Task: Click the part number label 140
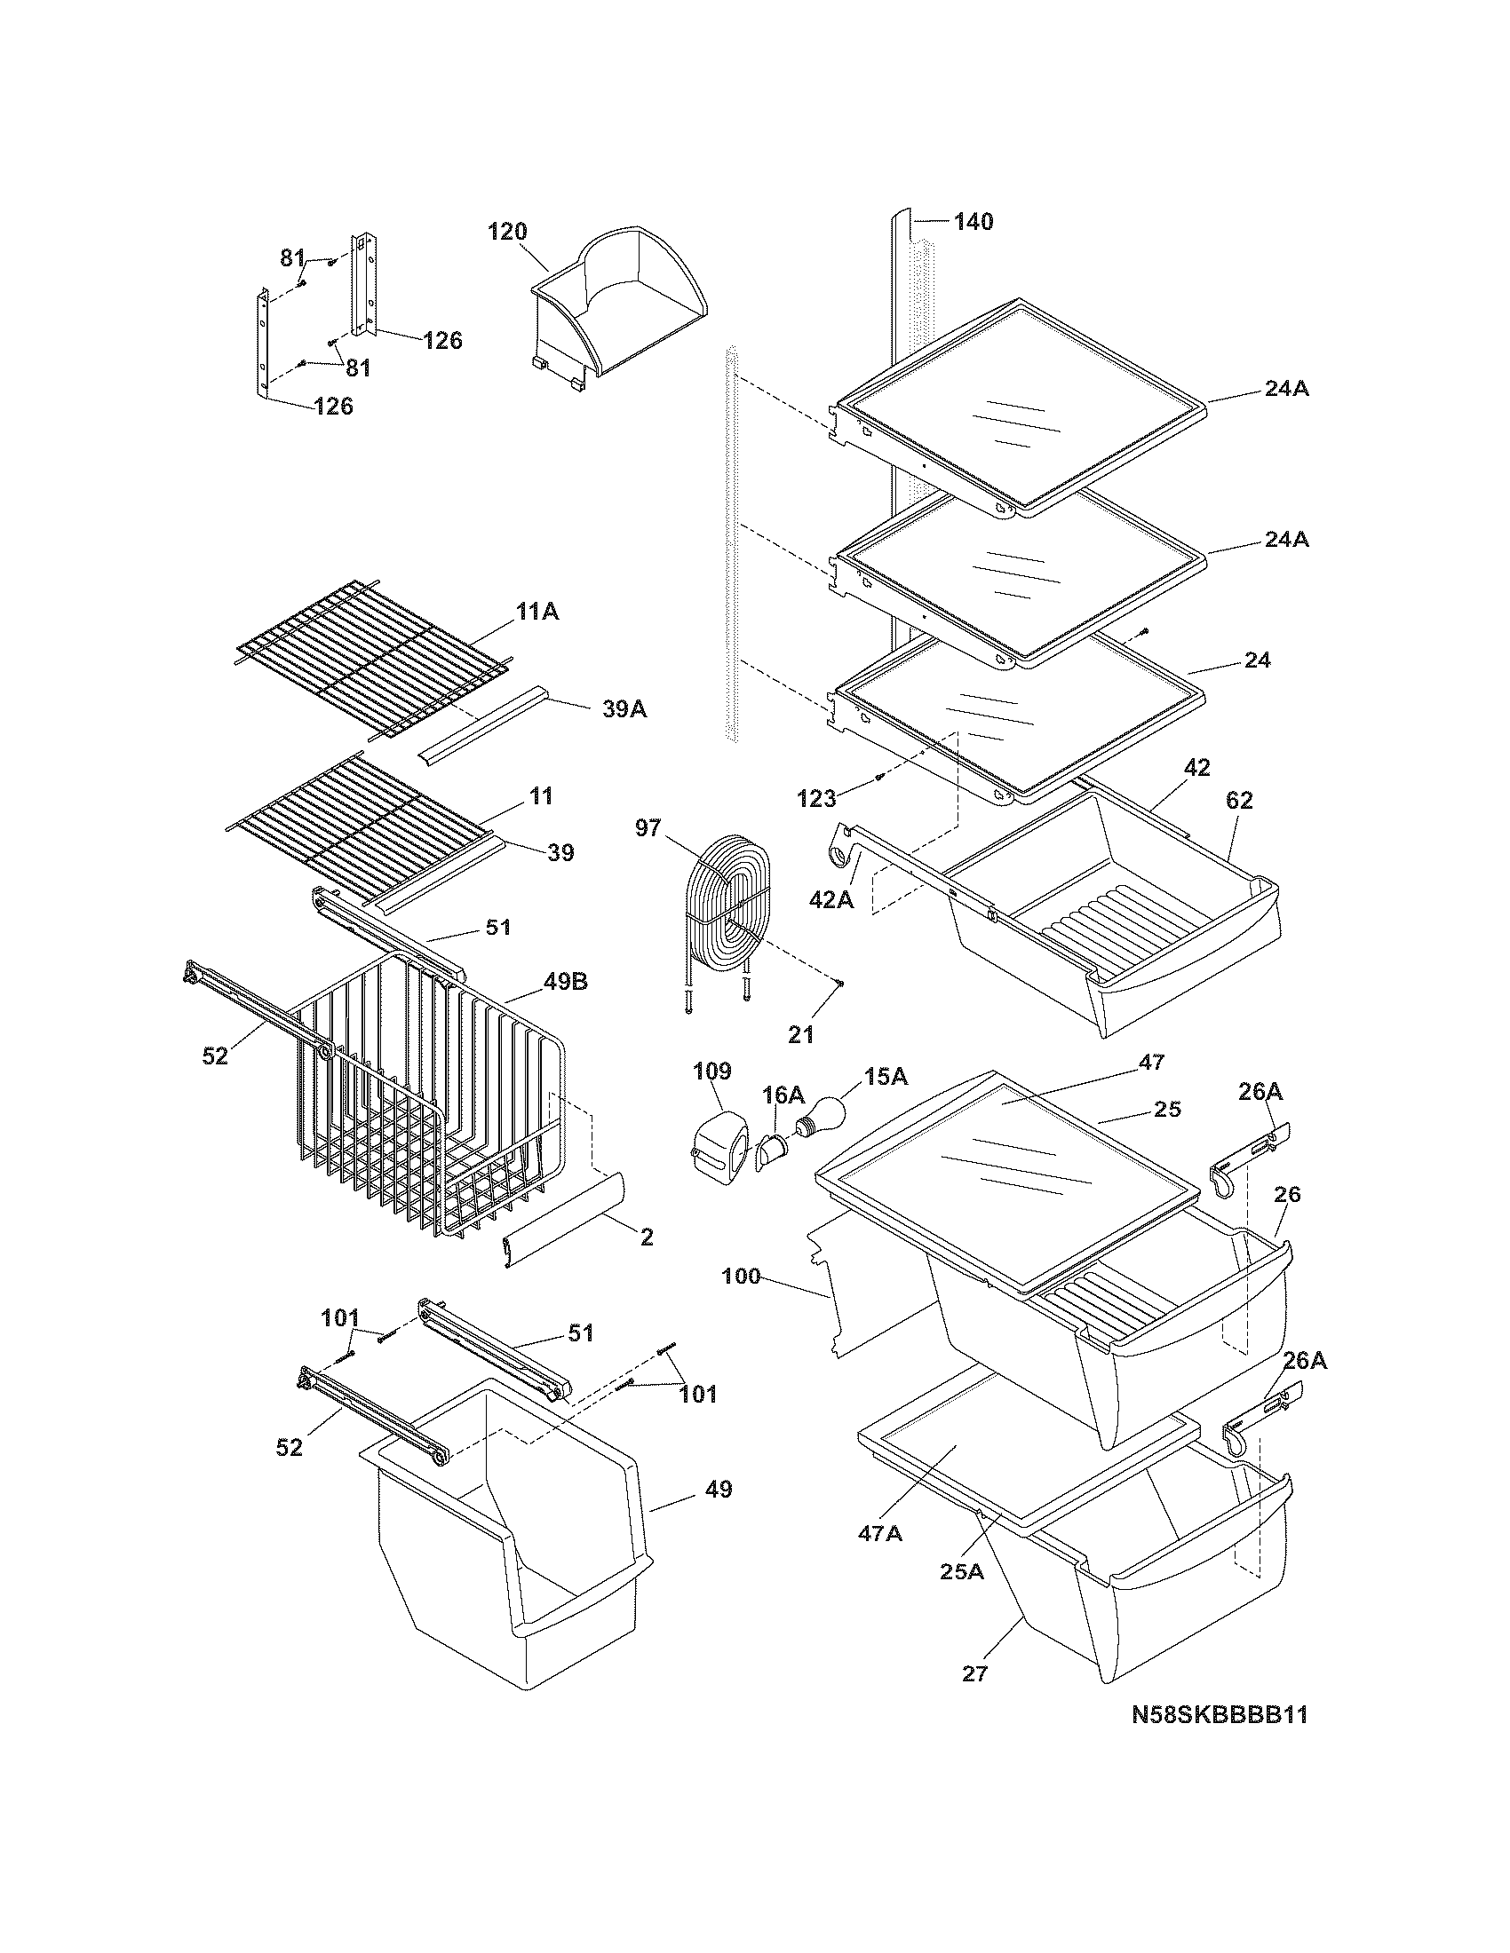pos(973,222)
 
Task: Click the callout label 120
pos(506,232)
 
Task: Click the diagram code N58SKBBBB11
pos(1220,1739)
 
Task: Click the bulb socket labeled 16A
pos(770,1150)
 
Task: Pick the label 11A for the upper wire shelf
pos(536,612)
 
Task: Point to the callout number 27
pos(974,1673)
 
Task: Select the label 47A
pos(879,1533)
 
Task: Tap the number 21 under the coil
pos(800,1033)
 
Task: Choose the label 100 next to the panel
pos(742,1276)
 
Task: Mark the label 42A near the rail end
pos(831,899)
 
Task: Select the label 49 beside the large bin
pos(718,1489)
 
